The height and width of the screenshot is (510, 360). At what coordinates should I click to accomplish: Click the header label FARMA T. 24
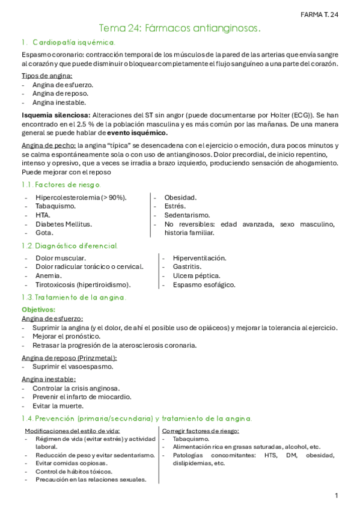point(319,14)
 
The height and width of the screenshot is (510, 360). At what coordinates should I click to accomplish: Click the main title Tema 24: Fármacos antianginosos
point(180,28)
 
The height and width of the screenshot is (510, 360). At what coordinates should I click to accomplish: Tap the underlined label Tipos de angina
point(47,75)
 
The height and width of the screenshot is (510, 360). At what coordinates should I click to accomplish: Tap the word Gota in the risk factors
point(44,232)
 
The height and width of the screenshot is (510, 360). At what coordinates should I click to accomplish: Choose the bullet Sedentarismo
point(187,215)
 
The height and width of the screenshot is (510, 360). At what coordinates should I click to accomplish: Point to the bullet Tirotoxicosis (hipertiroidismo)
point(83,284)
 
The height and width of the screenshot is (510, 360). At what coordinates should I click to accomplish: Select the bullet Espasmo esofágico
point(204,284)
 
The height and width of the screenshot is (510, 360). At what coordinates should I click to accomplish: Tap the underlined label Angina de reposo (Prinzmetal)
point(69,358)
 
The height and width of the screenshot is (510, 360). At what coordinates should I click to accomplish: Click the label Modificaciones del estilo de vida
point(72,431)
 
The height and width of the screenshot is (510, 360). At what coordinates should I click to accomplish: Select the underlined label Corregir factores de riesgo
point(201,431)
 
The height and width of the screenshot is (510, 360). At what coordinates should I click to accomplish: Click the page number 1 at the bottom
point(337,496)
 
